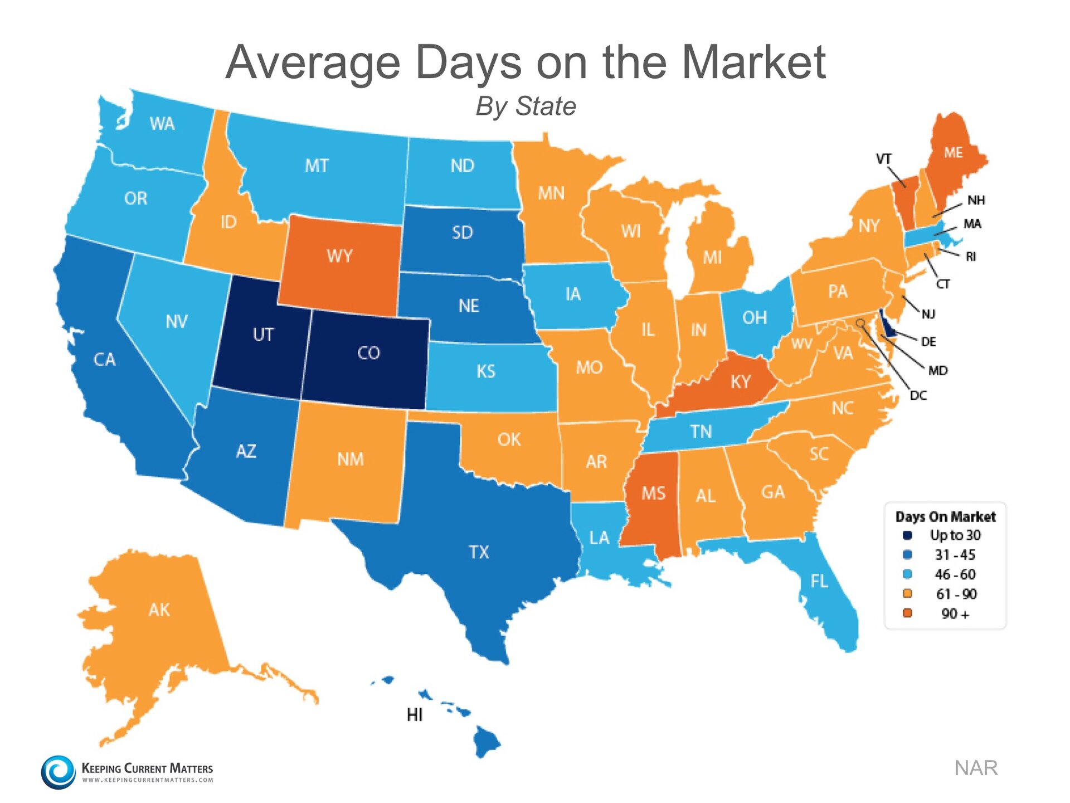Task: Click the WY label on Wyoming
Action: coord(339,256)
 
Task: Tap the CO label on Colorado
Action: coord(368,353)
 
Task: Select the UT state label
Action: coord(263,335)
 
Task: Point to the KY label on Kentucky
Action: coord(741,382)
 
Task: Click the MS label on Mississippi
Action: coord(653,493)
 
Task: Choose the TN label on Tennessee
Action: coord(701,432)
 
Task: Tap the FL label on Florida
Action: coord(819,582)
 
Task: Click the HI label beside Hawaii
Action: coord(415,715)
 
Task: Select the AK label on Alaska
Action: coord(159,609)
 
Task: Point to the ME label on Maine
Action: coord(953,153)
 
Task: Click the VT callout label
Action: coord(883,159)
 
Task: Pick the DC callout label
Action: coord(918,395)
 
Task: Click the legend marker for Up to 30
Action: coord(907,535)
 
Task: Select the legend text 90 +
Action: coord(955,614)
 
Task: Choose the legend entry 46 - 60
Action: coord(955,574)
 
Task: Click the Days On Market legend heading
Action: coord(945,517)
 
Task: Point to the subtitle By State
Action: coord(526,106)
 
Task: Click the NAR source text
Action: coord(976,768)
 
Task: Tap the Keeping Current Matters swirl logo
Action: coord(58,772)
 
